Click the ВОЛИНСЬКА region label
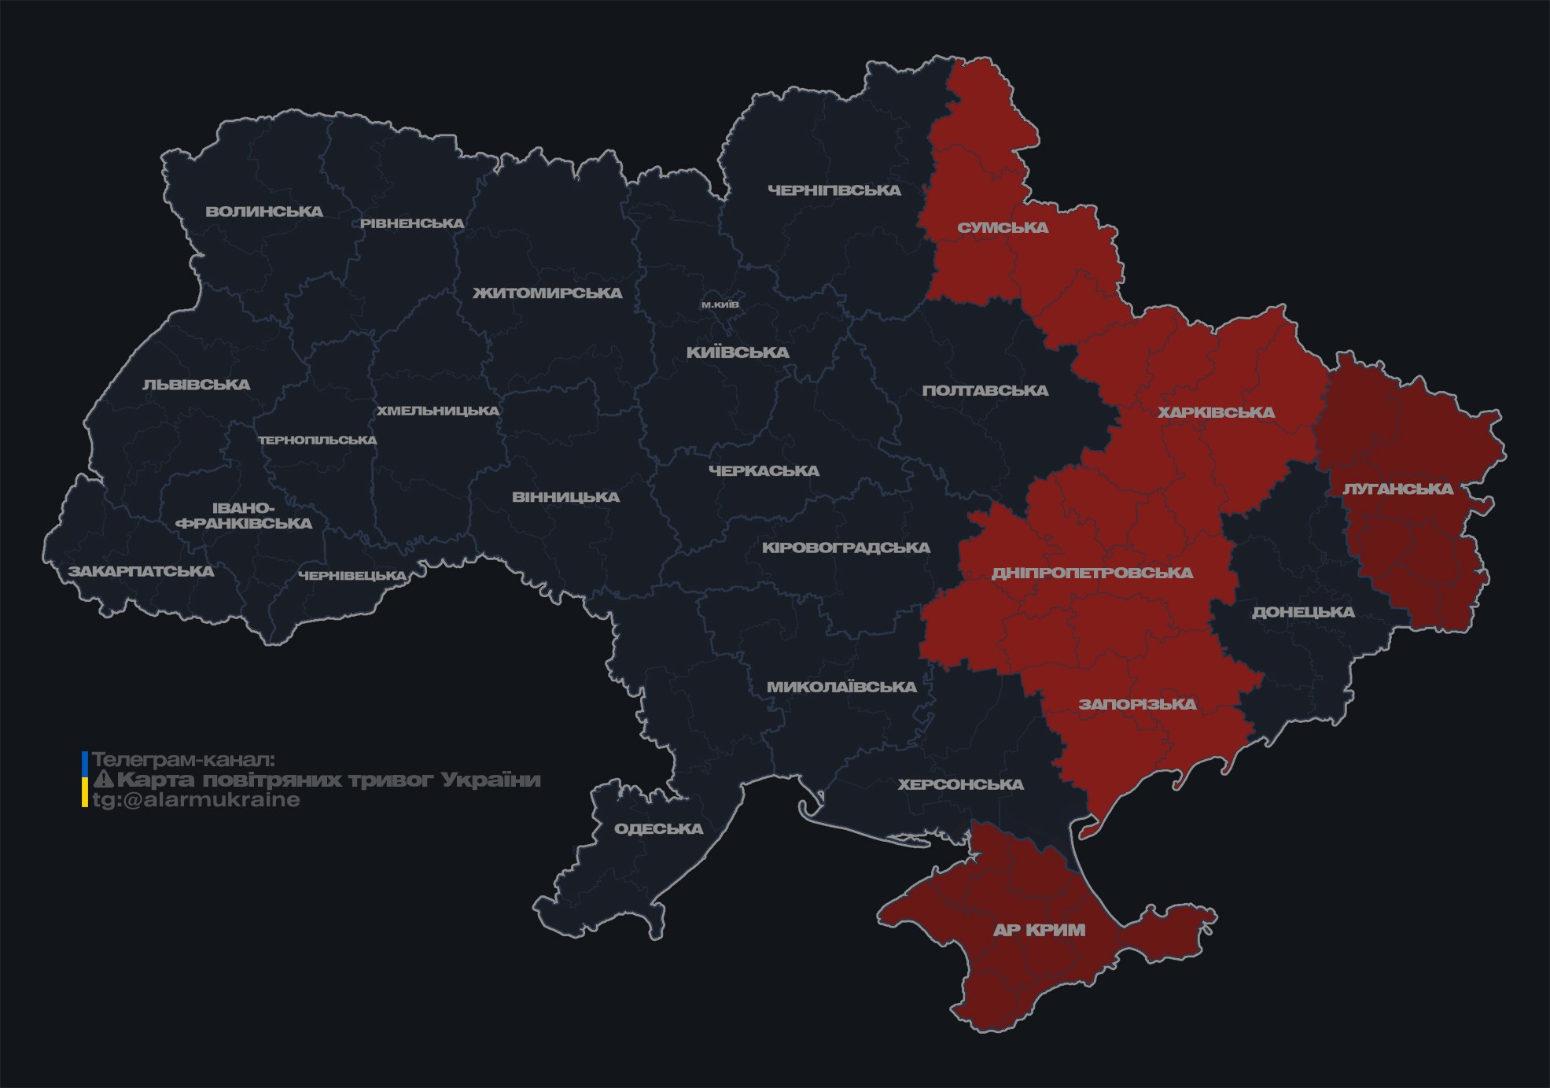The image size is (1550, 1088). point(264,212)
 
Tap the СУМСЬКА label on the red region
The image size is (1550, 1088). point(1003,228)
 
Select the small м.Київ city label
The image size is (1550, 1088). point(720,304)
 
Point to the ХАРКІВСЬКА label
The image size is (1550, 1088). point(1216,412)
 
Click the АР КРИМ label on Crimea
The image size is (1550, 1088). point(1039,930)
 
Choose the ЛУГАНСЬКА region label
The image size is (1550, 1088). point(1397,489)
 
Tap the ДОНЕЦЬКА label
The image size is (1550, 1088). point(1303,612)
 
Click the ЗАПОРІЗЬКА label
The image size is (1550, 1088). point(1137,704)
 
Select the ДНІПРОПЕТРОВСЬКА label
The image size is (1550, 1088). point(1092,573)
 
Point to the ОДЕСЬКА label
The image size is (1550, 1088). point(658,828)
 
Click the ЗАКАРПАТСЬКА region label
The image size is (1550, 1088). point(141,571)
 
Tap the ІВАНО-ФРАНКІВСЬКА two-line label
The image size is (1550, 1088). point(244,516)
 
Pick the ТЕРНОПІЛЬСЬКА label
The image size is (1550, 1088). point(318,441)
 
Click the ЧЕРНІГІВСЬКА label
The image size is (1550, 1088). point(834,190)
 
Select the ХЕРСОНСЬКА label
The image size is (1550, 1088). point(960,784)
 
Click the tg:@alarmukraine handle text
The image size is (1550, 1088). point(196,800)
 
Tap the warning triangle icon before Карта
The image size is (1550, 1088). point(103,780)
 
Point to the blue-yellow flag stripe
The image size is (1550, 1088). point(85,780)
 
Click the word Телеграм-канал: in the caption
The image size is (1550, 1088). point(183,760)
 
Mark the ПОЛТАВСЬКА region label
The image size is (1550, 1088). point(985,390)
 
